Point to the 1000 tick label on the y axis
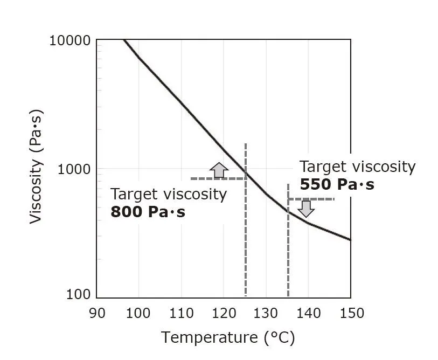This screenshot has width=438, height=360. [75, 169]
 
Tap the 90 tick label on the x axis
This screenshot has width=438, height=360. [97, 313]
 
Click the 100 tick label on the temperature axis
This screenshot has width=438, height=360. [138, 313]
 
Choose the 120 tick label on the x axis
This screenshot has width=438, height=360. [224, 313]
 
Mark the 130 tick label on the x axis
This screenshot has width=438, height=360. [266, 313]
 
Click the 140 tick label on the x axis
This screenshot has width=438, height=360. [308, 313]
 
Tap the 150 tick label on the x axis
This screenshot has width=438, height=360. [350, 313]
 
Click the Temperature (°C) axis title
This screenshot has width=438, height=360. [228, 338]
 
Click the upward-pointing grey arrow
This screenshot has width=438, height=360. [219, 170]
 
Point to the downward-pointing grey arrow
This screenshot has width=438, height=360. [306, 208]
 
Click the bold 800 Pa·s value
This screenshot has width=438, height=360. [148, 212]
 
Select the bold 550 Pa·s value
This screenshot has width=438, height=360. [337, 185]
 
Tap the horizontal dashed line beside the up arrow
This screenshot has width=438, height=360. [205, 178]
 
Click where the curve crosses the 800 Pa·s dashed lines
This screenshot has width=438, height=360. [246, 175]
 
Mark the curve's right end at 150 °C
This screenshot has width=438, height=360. [350, 239]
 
